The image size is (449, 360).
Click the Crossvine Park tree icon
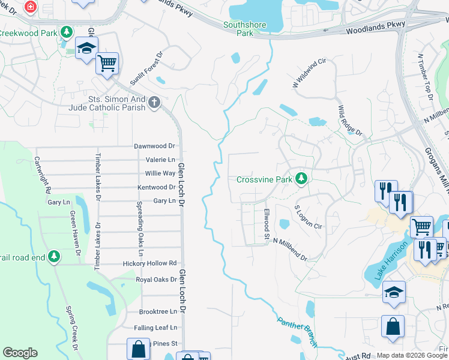click(x=301, y=179)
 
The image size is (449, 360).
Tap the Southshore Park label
click(x=238, y=29)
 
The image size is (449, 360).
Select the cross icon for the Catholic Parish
click(x=154, y=103)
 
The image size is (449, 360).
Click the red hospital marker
click(x=30, y=7)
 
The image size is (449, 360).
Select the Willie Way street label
click(x=160, y=173)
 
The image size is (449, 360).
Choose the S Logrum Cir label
click(x=309, y=217)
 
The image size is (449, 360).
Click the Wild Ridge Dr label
click(x=350, y=121)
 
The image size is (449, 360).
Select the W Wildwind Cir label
click(x=309, y=74)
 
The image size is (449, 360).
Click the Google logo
click(x=20, y=353)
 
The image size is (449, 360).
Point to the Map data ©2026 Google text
click(x=411, y=355)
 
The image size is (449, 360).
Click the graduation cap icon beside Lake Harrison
click(x=393, y=292)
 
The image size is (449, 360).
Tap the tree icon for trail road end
click(x=55, y=257)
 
